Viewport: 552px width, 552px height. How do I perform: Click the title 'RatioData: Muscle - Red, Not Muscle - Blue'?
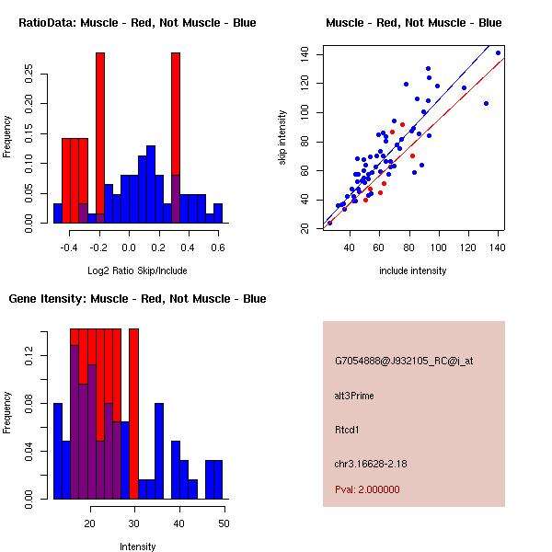tap(137, 23)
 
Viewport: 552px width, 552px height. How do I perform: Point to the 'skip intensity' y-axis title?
tap(283, 138)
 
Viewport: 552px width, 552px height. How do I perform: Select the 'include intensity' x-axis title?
tap(413, 270)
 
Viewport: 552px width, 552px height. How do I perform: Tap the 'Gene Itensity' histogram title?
tap(137, 299)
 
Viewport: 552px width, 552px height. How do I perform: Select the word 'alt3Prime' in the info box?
tap(354, 396)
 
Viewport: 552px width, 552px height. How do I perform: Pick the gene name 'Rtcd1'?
tap(348, 430)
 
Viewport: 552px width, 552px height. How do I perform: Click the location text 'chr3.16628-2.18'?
tap(370, 463)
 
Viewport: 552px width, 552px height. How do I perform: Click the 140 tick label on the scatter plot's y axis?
tap(305, 54)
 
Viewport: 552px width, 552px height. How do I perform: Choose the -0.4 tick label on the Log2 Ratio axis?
tap(70, 247)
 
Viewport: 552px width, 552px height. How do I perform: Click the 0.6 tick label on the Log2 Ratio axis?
tap(218, 247)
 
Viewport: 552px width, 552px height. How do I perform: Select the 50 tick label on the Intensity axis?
tap(224, 523)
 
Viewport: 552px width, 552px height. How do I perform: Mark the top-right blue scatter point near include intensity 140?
tap(498, 53)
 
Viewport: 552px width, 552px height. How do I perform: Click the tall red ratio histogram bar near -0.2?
tap(100, 138)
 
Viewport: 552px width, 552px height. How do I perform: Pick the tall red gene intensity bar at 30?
tap(133, 414)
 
